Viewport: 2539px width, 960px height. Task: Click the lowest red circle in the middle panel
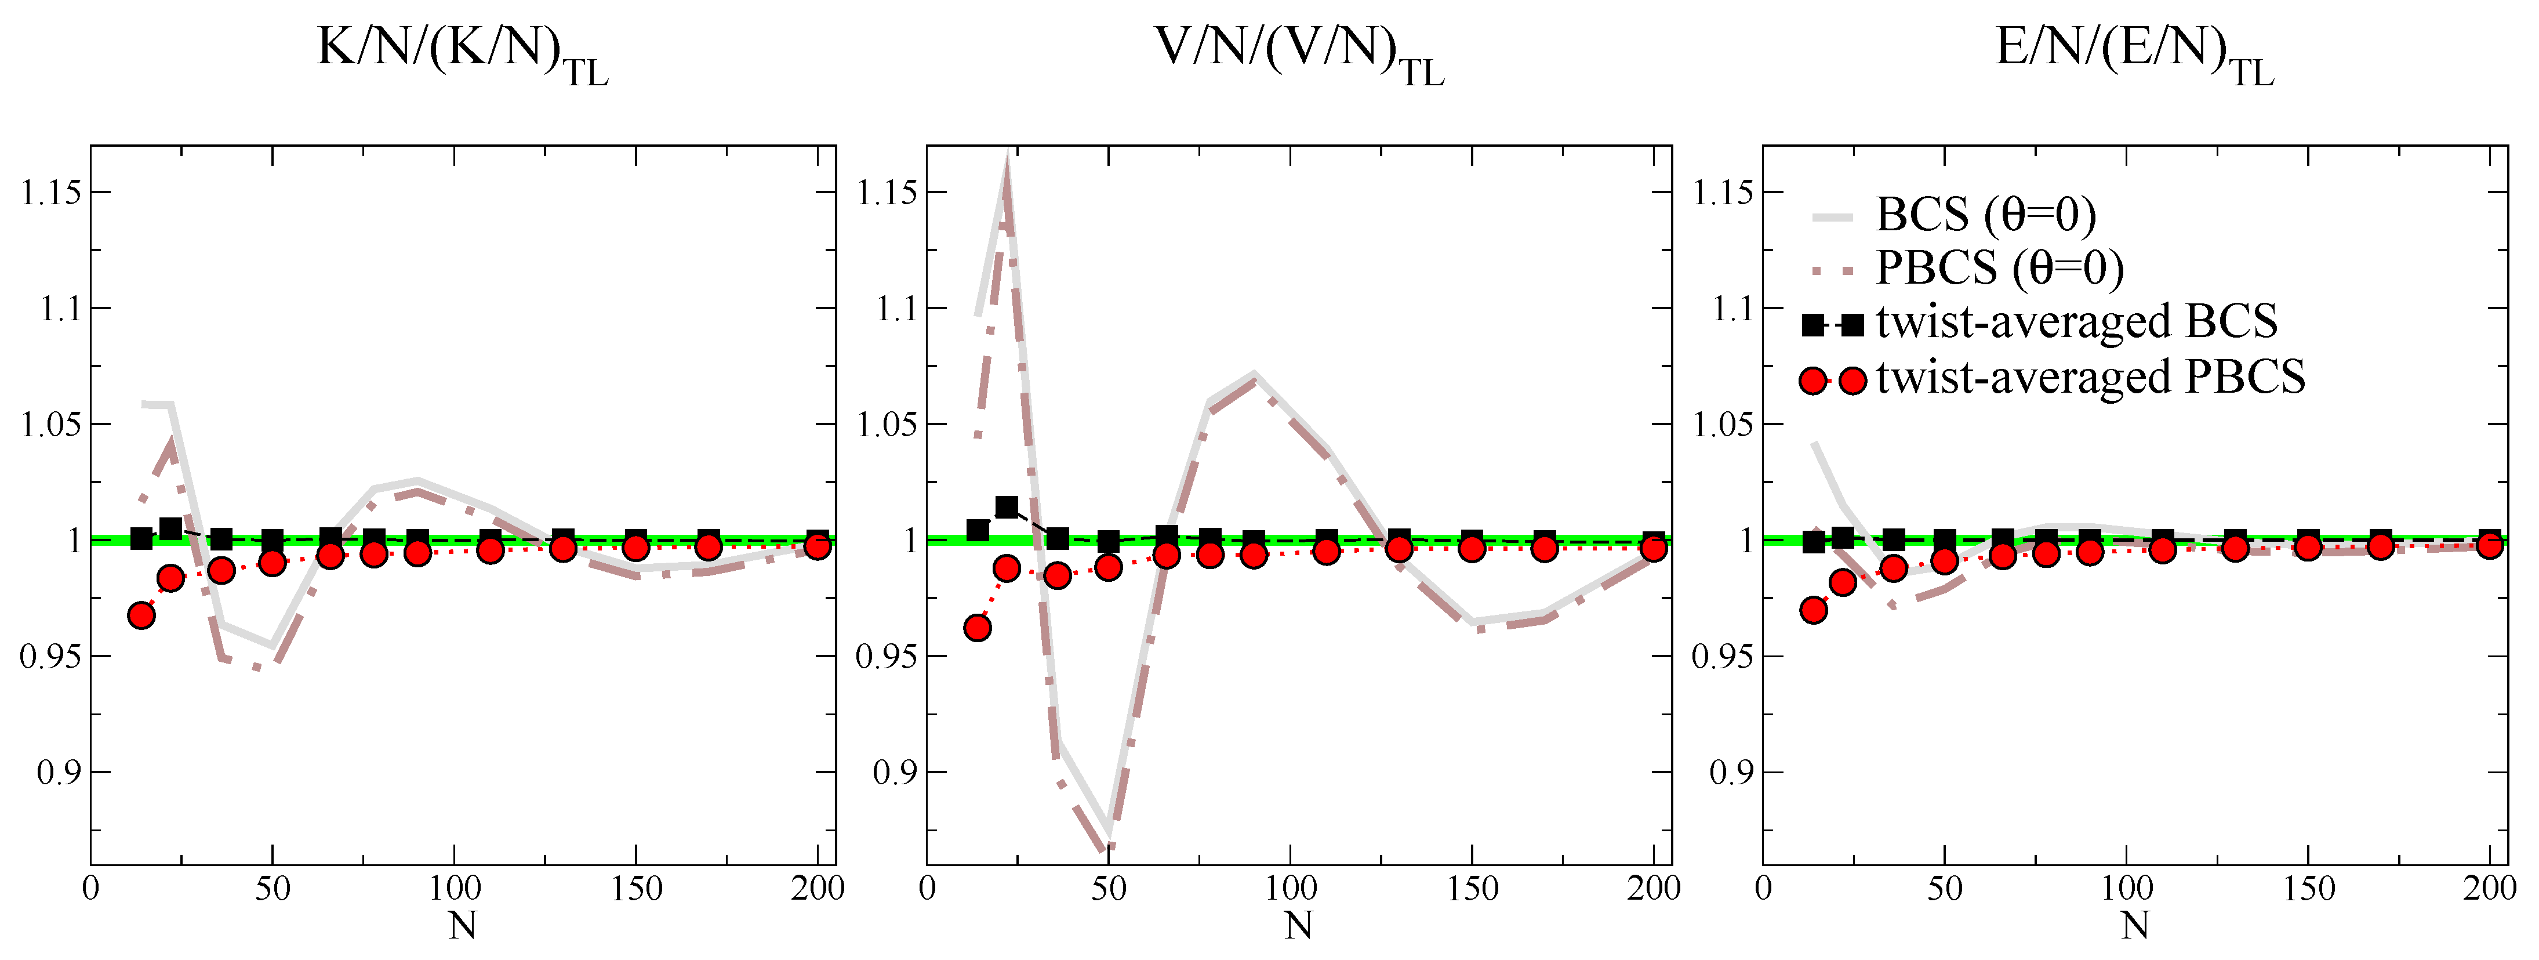pyautogui.click(x=978, y=628)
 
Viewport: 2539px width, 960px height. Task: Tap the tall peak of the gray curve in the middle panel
pyautogui.click(x=1007, y=162)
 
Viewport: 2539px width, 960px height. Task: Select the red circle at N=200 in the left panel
pyautogui.click(x=816, y=545)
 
